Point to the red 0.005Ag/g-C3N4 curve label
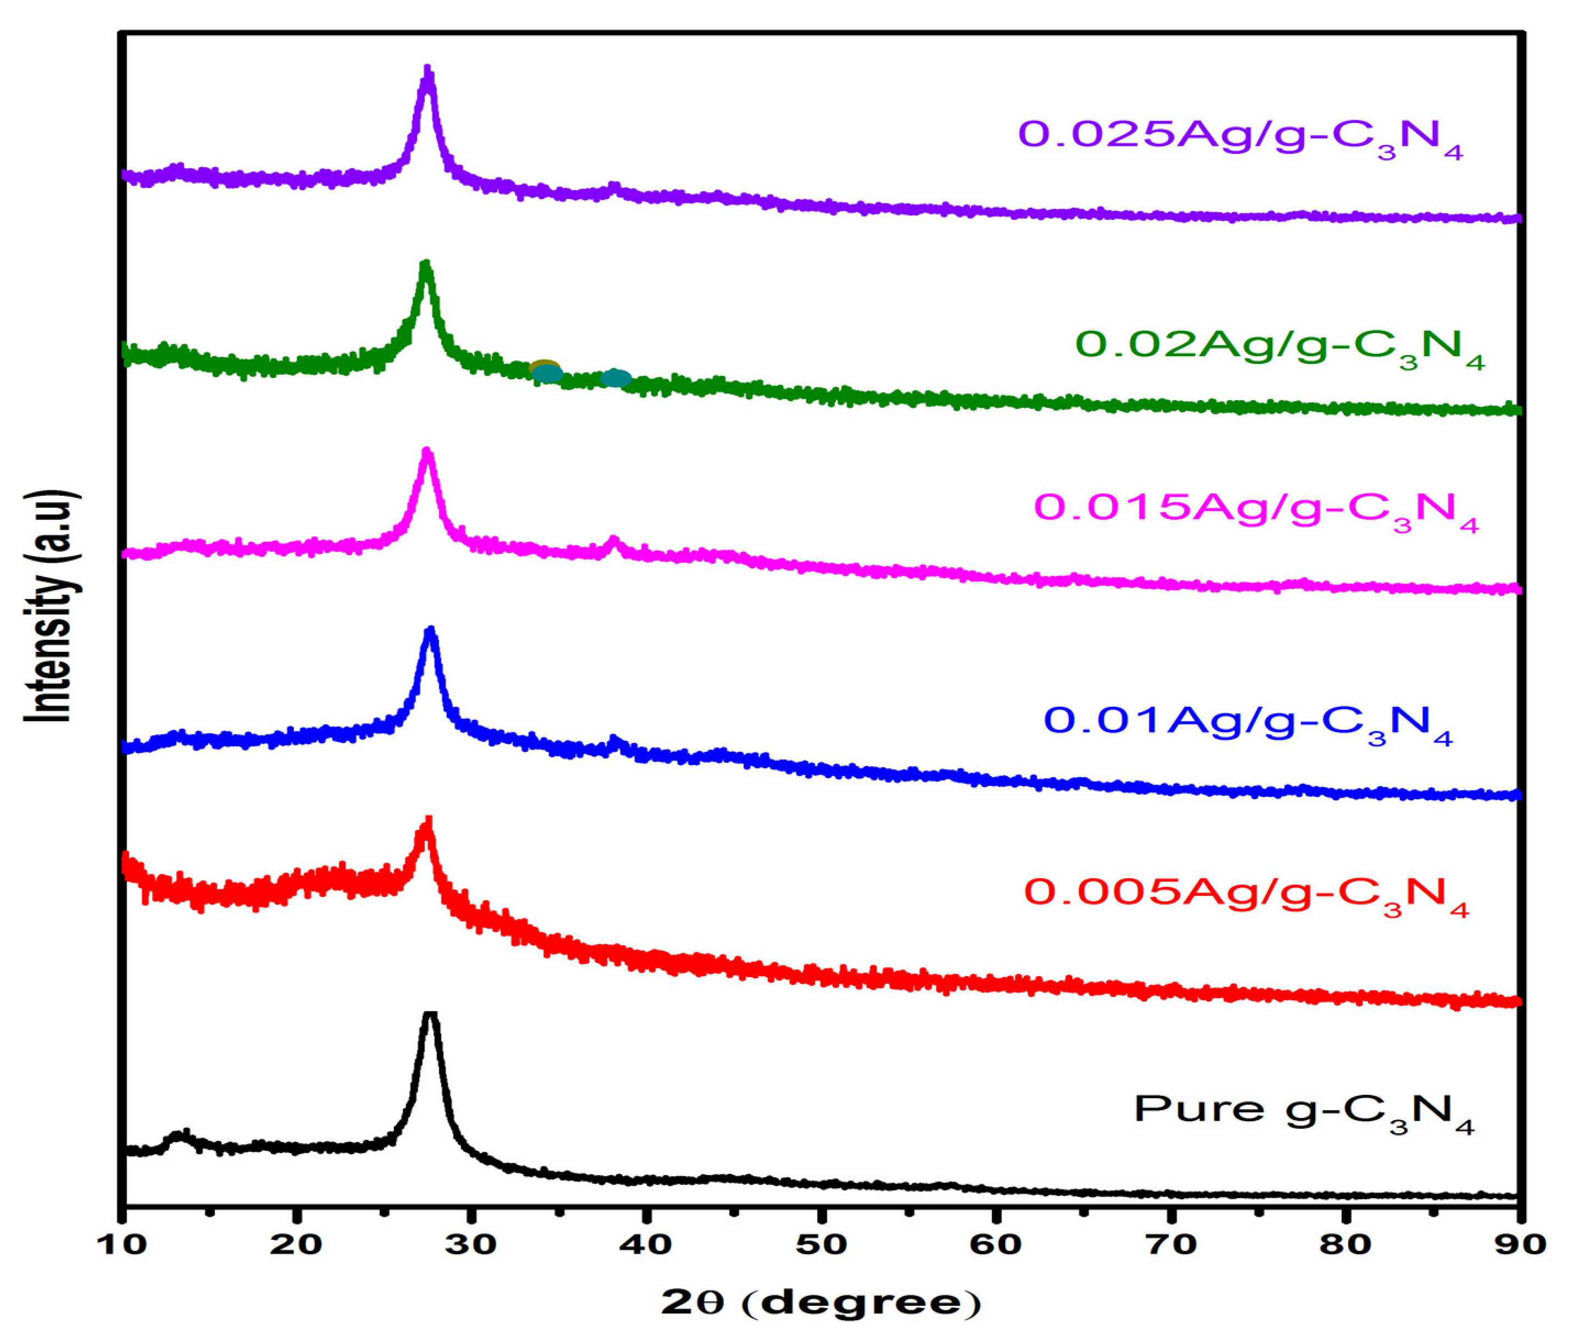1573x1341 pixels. [1247, 895]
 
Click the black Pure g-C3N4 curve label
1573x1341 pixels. [1304, 1112]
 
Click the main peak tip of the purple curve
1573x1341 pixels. [428, 70]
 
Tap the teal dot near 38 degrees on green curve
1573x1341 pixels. [616, 378]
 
